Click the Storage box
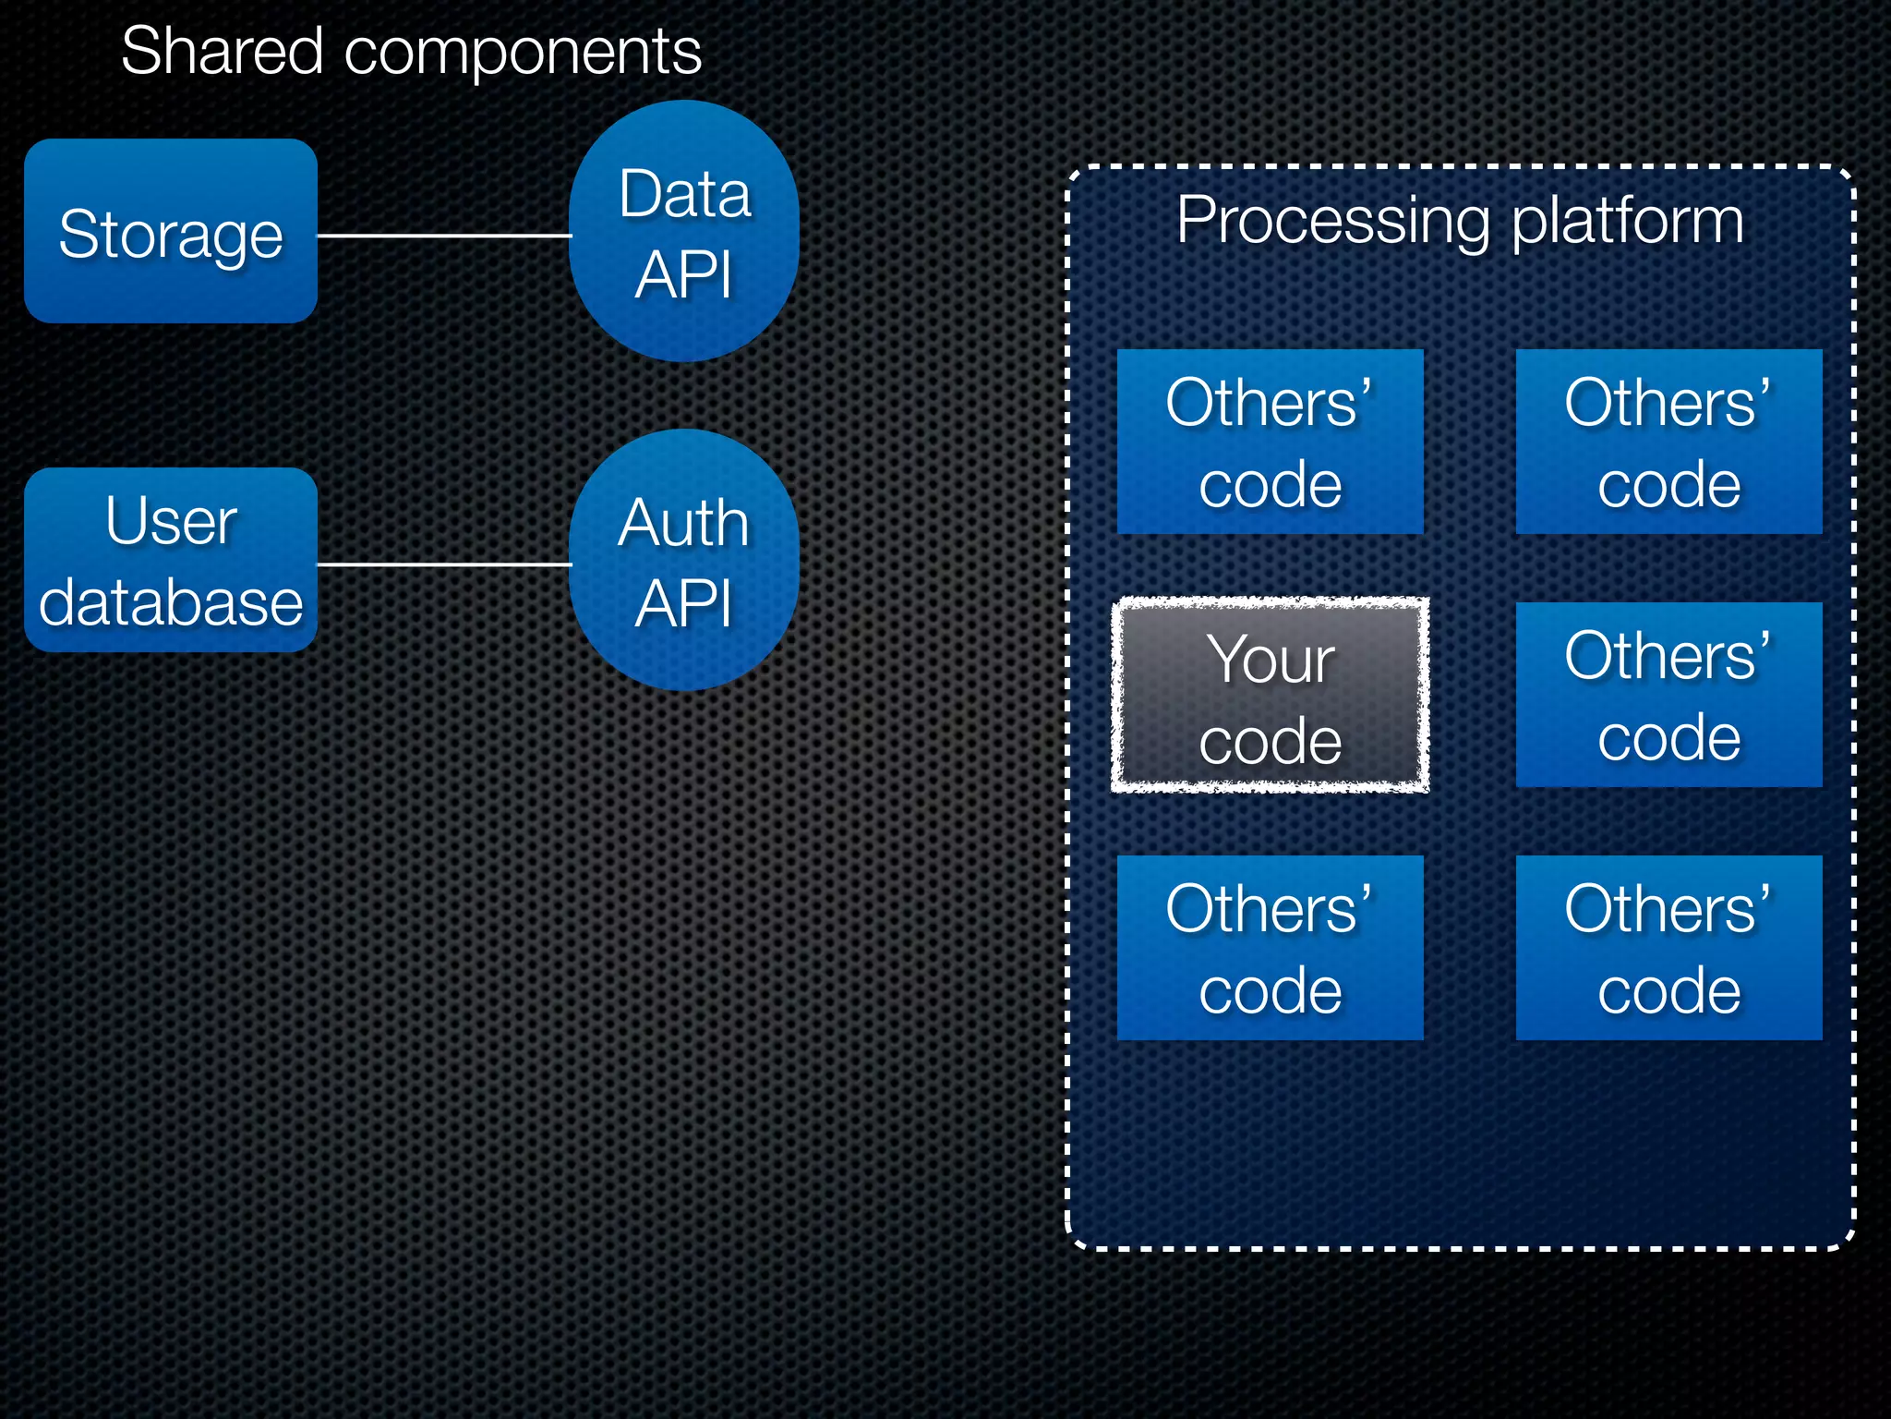(171, 231)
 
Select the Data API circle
(684, 232)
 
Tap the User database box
(171, 561)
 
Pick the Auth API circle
(684, 561)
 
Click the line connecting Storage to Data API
(443, 236)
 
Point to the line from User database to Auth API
(443, 564)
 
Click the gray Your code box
(1270, 696)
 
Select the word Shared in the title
(222, 52)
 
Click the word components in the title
(523, 54)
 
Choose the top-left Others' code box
(1270, 442)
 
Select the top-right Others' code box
(1668, 442)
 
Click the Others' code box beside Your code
(1668, 695)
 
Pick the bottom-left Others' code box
(1270, 948)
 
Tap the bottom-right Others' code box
(1668, 948)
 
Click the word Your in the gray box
(1271, 660)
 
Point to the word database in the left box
(171, 602)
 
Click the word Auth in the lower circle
(683, 523)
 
